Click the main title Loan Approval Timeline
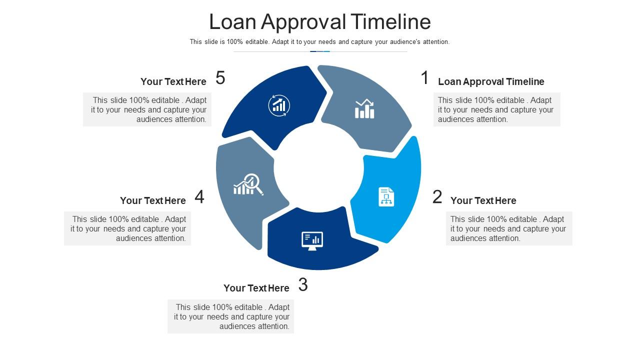pyautogui.click(x=320, y=22)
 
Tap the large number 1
pyautogui.click(x=425, y=77)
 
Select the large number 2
pyautogui.click(x=437, y=197)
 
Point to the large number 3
pyautogui.click(x=303, y=284)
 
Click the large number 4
pyautogui.click(x=199, y=197)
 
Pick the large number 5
pyautogui.click(x=220, y=77)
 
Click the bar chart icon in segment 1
pyautogui.click(x=364, y=109)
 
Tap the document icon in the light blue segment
pyautogui.click(x=386, y=197)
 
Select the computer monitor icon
pyautogui.click(x=312, y=241)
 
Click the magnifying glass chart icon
pyautogui.click(x=248, y=184)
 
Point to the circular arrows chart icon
pyautogui.click(x=279, y=105)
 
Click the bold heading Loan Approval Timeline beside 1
pyautogui.click(x=491, y=81)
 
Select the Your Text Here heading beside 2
pyautogui.click(x=483, y=200)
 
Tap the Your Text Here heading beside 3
pyautogui.click(x=256, y=288)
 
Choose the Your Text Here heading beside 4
pyautogui.click(x=153, y=200)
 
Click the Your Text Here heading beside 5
pyautogui.click(x=173, y=81)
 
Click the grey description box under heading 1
pyautogui.click(x=497, y=109)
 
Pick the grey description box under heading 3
pyautogui.click(x=231, y=316)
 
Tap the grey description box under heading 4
pyautogui.click(x=127, y=228)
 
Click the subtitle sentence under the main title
pyautogui.click(x=319, y=42)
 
